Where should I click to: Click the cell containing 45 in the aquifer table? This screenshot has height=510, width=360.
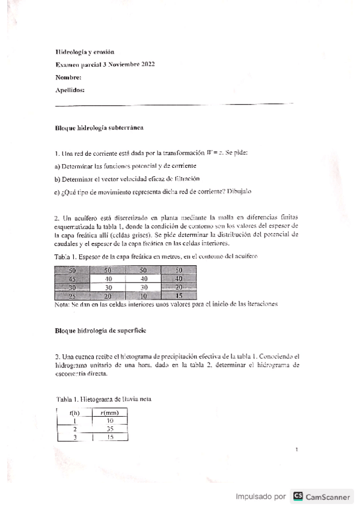(x=72, y=278)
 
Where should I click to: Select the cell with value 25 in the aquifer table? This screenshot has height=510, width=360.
(x=72, y=296)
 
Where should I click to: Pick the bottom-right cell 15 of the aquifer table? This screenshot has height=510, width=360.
(x=178, y=296)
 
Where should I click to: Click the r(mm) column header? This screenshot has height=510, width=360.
(x=109, y=412)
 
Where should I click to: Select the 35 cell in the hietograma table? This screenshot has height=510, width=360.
(x=109, y=429)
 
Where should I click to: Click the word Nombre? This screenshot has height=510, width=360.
(x=69, y=78)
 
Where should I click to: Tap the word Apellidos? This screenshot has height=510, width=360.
(x=70, y=90)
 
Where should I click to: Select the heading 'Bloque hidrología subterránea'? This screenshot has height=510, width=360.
(x=99, y=128)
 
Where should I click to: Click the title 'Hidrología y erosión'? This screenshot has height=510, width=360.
(x=84, y=52)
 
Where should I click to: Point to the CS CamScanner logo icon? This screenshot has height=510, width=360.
(x=297, y=497)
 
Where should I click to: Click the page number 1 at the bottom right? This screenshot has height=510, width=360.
(x=297, y=449)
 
